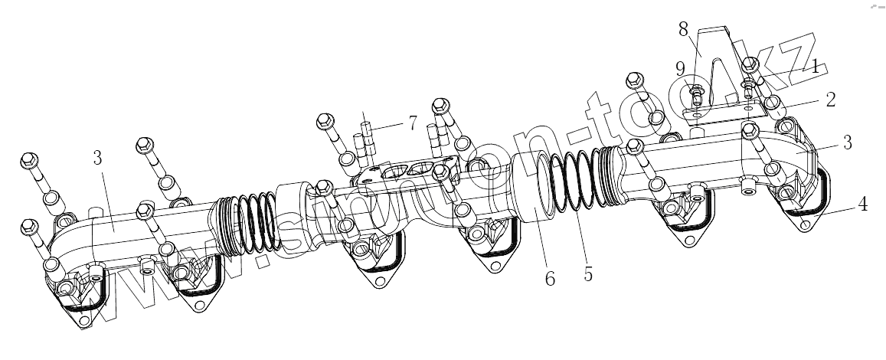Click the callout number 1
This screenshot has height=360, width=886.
(816, 67)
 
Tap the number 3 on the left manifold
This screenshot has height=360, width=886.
(97, 159)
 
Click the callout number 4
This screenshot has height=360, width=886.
(862, 205)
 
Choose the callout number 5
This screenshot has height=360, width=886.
(587, 273)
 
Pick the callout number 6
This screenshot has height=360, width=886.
(549, 279)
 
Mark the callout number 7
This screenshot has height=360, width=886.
(413, 123)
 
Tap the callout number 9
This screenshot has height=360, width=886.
(680, 68)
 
